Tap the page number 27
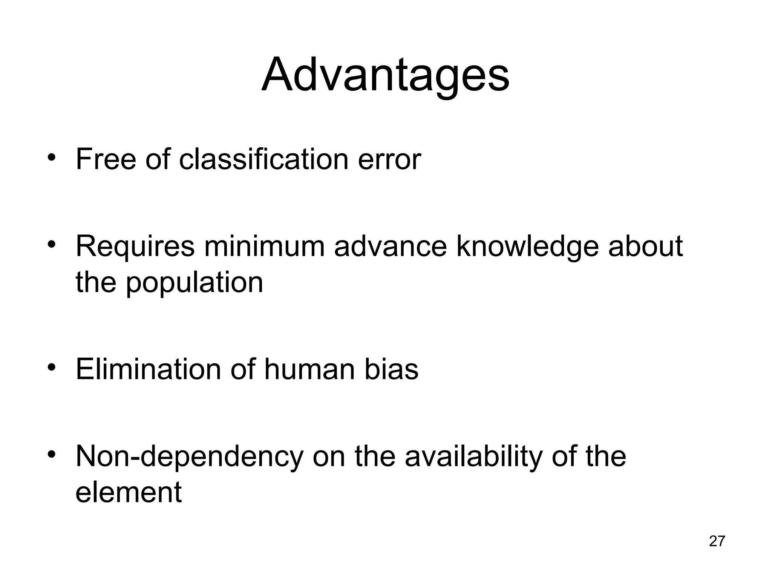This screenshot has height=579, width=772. click(x=717, y=541)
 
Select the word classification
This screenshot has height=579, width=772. click(x=263, y=159)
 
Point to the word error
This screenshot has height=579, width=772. click(x=389, y=160)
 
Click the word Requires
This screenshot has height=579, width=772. click(x=135, y=247)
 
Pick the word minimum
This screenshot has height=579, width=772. click(x=264, y=246)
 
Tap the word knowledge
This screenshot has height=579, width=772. click(x=527, y=247)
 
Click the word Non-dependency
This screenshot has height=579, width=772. click(x=190, y=457)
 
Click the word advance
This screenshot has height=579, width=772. click(x=390, y=246)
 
